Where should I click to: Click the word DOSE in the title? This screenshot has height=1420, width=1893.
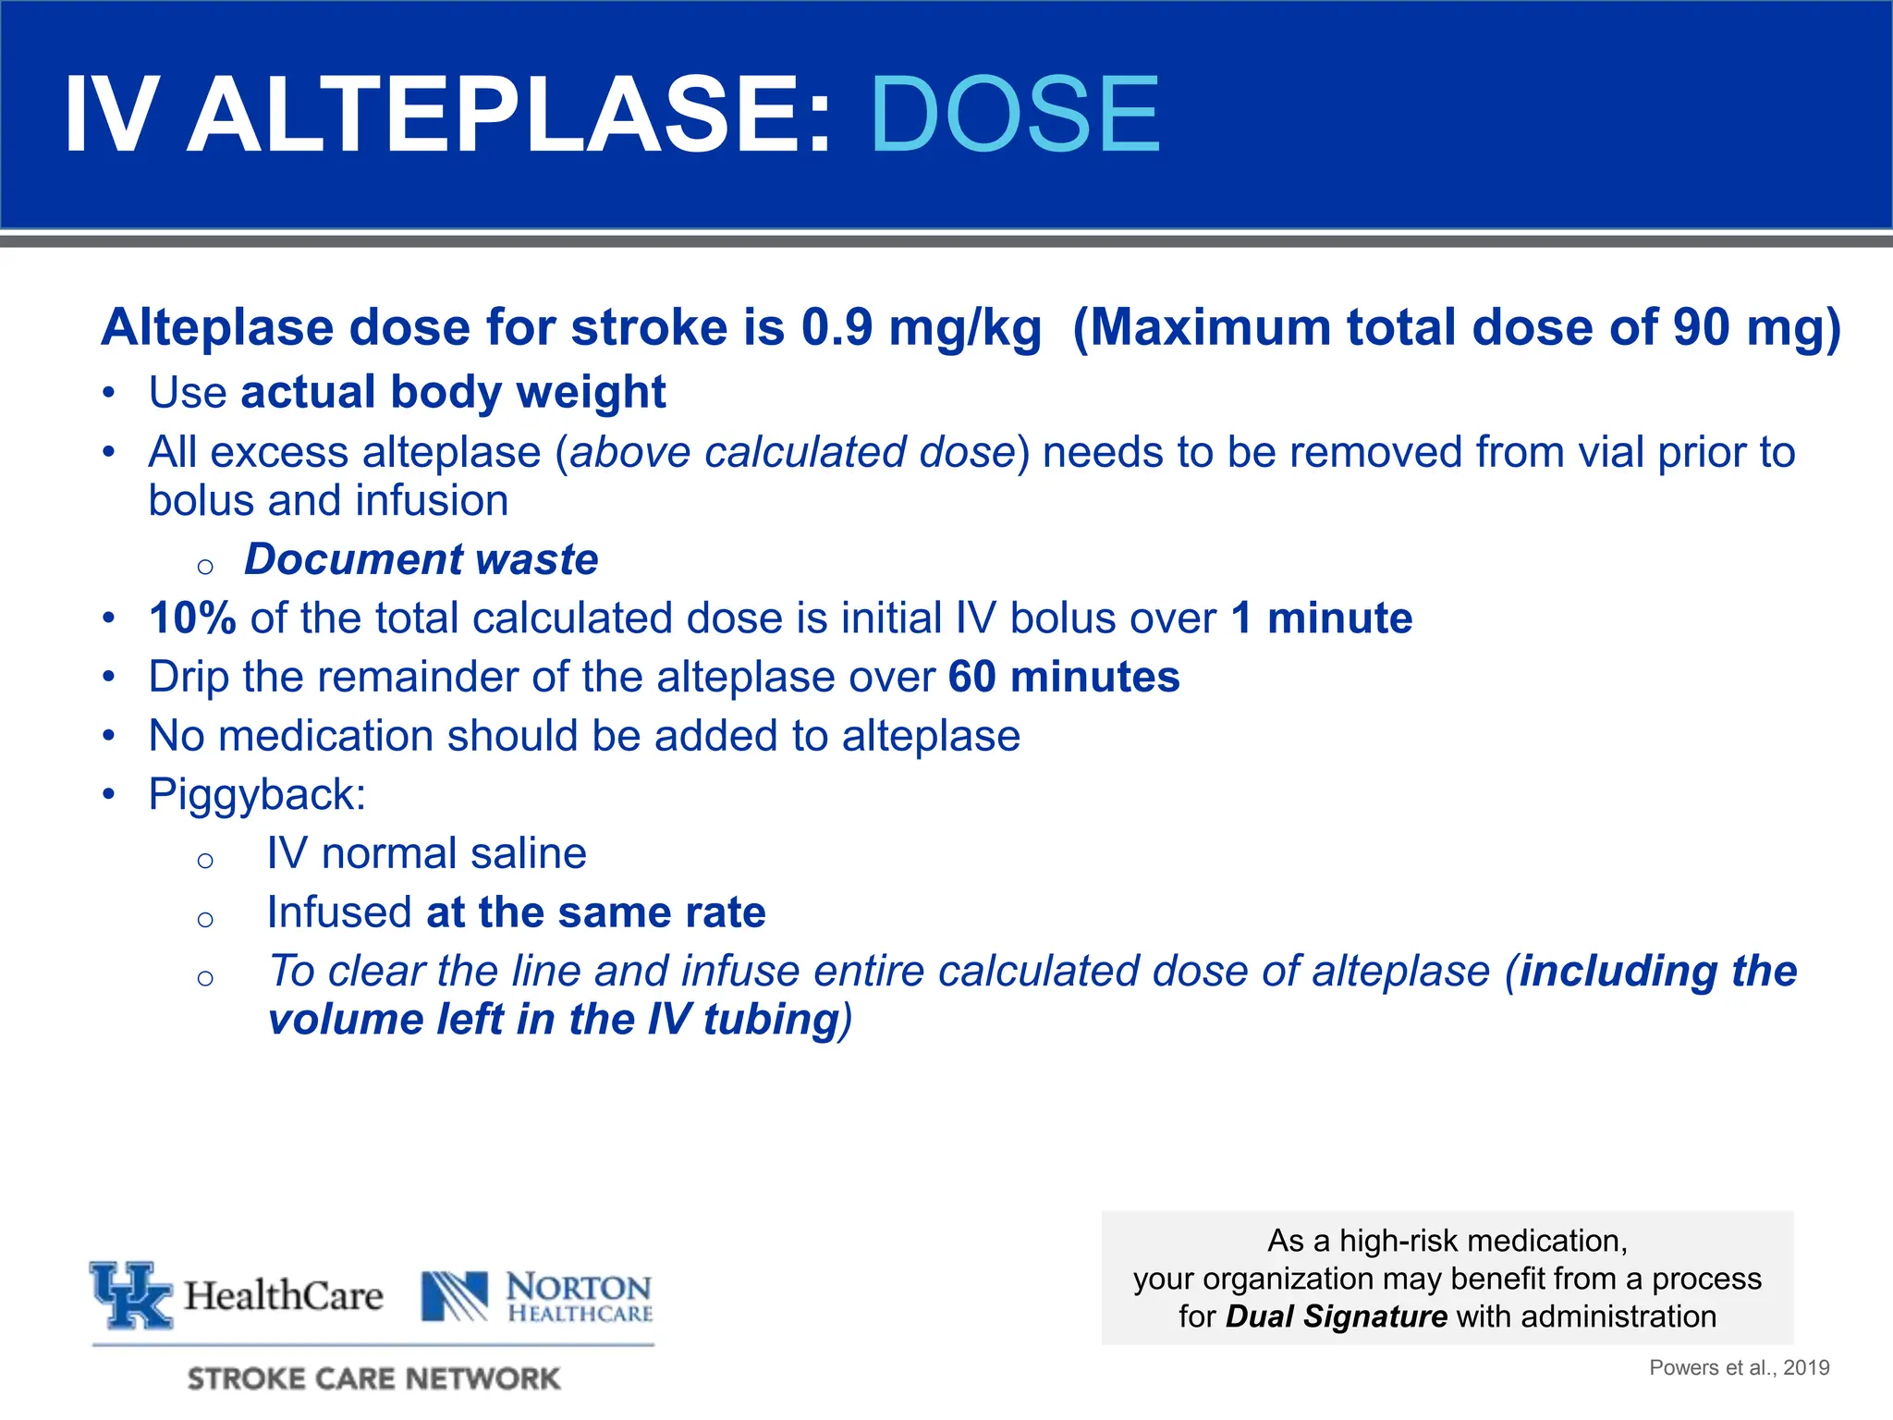click(1014, 115)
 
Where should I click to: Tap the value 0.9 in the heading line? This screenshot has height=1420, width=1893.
click(837, 327)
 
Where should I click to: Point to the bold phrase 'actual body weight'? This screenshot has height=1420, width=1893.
click(453, 392)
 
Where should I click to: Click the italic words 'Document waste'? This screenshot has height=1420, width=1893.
click(421, 559)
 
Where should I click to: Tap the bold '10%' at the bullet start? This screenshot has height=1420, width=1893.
click(192, 618)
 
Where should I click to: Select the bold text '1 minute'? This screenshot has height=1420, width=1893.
click(1322, 618)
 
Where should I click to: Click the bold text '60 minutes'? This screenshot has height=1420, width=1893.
click(1064, 677)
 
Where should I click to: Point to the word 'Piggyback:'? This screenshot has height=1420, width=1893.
click(257, 794)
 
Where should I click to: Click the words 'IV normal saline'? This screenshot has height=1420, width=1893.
click(426, 853)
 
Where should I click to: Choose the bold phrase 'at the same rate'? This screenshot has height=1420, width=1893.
click(596, 912)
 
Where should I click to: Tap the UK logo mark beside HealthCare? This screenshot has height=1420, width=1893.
click(131, 1294)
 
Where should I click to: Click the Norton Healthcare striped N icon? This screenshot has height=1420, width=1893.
click(455, 1296)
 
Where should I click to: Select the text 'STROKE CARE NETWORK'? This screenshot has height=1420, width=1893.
click(373, 1378)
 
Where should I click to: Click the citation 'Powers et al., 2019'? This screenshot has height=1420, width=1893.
click(1739, 1367)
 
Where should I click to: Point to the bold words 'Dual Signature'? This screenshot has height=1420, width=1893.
click(1336, 1316)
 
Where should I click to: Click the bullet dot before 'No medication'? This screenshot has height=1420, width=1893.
click(109, 736)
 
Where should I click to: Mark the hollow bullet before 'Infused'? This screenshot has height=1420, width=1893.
click(205, 918)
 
